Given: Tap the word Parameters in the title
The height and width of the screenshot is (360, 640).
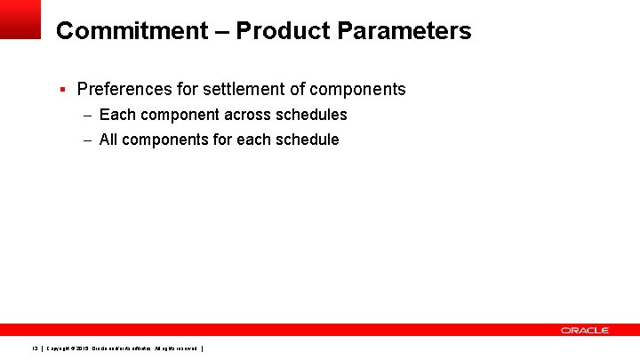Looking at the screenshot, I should point(404,31).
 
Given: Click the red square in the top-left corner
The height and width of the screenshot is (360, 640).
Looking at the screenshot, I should point(20,19).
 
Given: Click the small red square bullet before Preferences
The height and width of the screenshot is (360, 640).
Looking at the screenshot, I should point(62,89).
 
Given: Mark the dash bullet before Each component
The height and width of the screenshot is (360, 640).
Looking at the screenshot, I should point(88,115).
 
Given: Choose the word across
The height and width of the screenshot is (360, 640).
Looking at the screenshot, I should point(250,115).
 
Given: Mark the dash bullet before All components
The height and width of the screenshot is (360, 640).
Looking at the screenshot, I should point(88,140).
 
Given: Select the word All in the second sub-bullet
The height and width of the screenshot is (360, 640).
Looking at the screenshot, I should point(108,140).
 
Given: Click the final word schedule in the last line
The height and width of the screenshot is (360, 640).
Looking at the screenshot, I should point(307,140).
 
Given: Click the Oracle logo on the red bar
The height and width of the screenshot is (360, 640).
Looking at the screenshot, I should point(584,330).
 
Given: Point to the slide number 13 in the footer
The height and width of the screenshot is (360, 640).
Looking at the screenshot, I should point(36,348).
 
